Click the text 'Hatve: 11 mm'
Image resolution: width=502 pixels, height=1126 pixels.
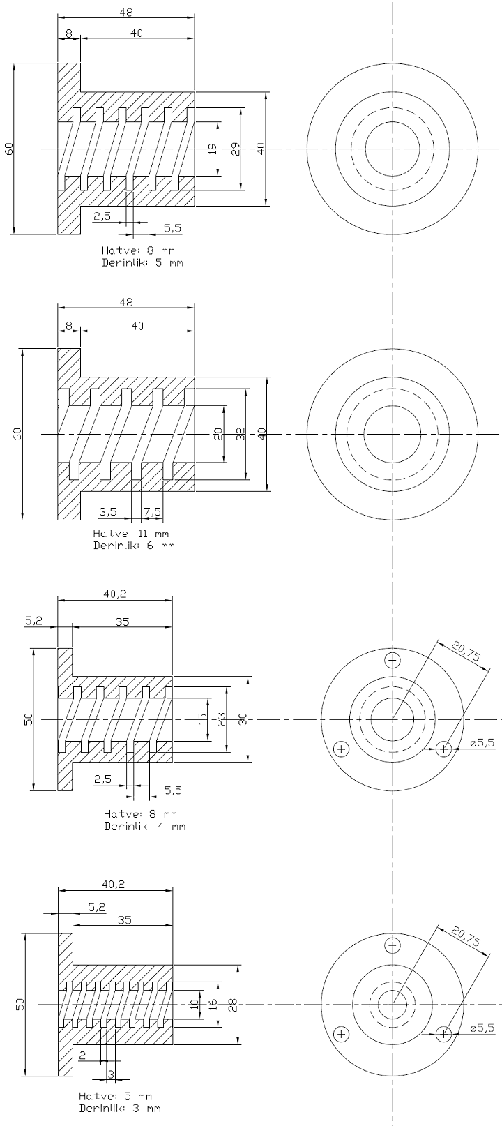[126, 534]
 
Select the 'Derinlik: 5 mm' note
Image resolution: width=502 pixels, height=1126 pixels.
[142, 263]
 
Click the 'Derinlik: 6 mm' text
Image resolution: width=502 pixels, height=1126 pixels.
[134, 545]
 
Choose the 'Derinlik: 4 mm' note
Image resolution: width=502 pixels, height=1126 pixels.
[144, 825]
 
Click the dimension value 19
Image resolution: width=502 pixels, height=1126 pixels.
[212, 149]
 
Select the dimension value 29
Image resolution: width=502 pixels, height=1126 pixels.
[236, 149]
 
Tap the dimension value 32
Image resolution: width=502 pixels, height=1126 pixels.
[240, 435]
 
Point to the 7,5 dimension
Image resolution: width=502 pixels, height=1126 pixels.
[152, 511]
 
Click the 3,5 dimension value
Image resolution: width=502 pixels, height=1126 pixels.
[108, 511]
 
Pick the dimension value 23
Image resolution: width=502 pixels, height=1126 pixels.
[222, 719]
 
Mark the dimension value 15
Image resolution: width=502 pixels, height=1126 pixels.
[202, 719]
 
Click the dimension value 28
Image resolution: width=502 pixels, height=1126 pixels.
[232, 1005]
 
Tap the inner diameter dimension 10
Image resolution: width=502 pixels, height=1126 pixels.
[194, 1005]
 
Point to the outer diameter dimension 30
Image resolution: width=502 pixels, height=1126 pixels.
[242, 719]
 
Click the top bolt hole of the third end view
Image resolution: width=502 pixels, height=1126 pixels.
[393, 660]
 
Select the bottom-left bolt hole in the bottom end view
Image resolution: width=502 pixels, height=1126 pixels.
[341, 1033]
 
